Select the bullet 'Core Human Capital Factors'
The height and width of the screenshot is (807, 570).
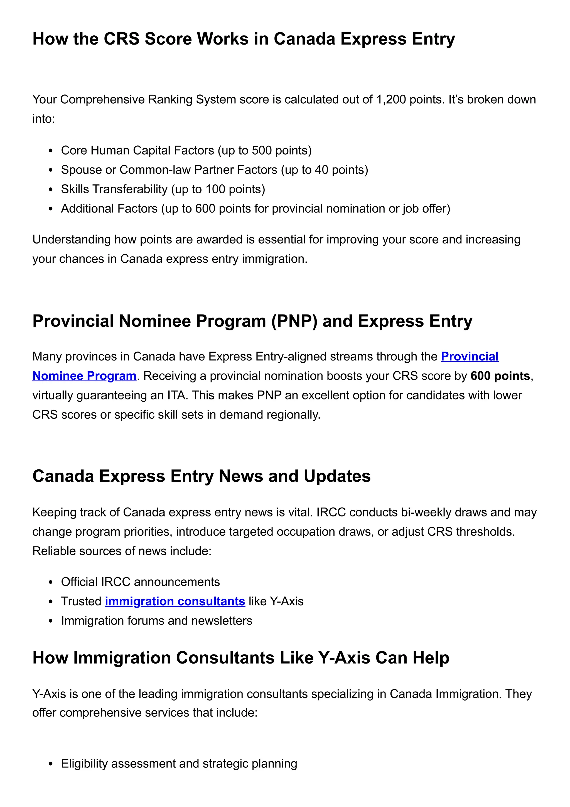(x=137, y=150)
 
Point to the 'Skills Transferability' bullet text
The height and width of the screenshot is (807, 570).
(x=114, y=189)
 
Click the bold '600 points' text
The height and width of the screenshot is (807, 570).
(x=500, y=376)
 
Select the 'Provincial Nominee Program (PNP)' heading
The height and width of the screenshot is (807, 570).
(x=252, y=321)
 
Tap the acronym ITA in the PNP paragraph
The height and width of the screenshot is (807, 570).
(x=176, y=395)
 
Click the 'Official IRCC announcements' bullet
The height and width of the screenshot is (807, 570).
(x=140, y=582)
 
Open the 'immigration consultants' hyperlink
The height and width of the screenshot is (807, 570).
(x=175, y=601)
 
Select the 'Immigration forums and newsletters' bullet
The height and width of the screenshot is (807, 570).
(x=156, y=620)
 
